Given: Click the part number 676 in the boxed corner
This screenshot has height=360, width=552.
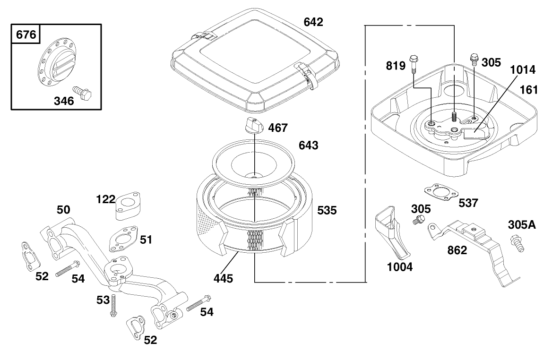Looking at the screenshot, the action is (x=26, y=34).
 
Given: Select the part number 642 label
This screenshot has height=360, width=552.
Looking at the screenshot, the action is (x=313, y=22).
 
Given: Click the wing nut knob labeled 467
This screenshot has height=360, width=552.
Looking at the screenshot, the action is (x=253, y=126).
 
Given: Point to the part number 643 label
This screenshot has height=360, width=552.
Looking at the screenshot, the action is (x=309, y=146).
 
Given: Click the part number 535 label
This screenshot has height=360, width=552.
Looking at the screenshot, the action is (x=327, y=210).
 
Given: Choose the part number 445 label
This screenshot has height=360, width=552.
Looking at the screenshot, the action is (x=223, y=279).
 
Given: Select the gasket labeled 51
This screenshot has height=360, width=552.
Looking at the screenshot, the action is (x=122, y=239).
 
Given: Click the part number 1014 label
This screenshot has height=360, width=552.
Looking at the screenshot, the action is (x=522, y=69).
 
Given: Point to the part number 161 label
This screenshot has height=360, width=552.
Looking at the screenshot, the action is (x=529, y=90).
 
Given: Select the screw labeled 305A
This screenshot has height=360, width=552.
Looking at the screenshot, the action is (x=517, y=243).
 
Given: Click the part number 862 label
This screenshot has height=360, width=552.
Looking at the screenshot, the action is (x=457, y=250).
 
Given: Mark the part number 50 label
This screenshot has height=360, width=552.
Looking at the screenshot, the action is (x=63, y=210).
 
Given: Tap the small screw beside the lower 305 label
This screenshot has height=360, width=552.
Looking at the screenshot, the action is (x=417, y=221).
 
